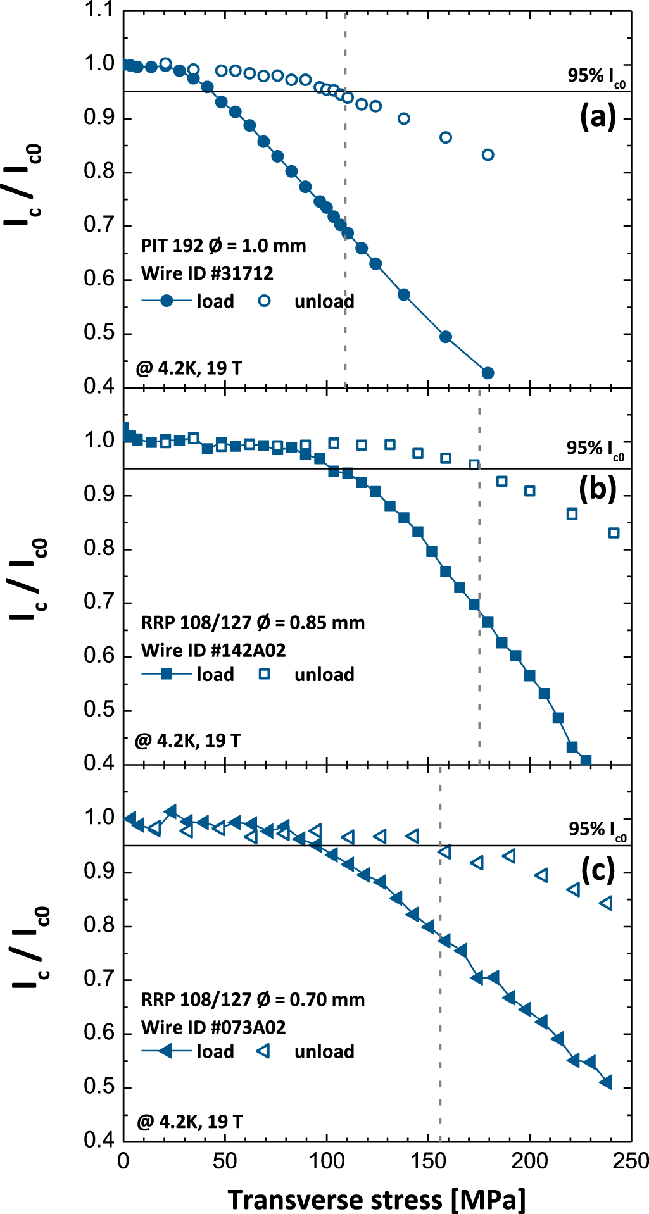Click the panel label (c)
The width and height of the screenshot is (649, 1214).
597,871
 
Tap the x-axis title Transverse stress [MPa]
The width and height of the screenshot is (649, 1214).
377,1199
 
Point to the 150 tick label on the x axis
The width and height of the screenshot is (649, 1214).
428,1160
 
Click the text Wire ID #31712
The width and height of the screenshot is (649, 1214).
207,273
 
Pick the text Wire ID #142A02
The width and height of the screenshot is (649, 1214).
213,650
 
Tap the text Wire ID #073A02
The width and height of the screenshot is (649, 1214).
213,1027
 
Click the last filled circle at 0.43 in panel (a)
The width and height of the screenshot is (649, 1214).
488,373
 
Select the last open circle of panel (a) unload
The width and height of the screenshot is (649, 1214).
488,154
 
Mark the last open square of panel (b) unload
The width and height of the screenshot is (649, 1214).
614,533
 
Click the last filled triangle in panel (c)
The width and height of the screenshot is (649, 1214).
606,1082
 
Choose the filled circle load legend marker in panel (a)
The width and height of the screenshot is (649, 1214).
167,301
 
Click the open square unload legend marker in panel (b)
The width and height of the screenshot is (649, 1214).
264,674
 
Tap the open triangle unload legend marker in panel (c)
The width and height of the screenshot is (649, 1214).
263,1051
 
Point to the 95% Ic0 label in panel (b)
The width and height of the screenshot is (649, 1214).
595,448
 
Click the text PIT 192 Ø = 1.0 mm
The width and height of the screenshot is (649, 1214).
224,246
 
